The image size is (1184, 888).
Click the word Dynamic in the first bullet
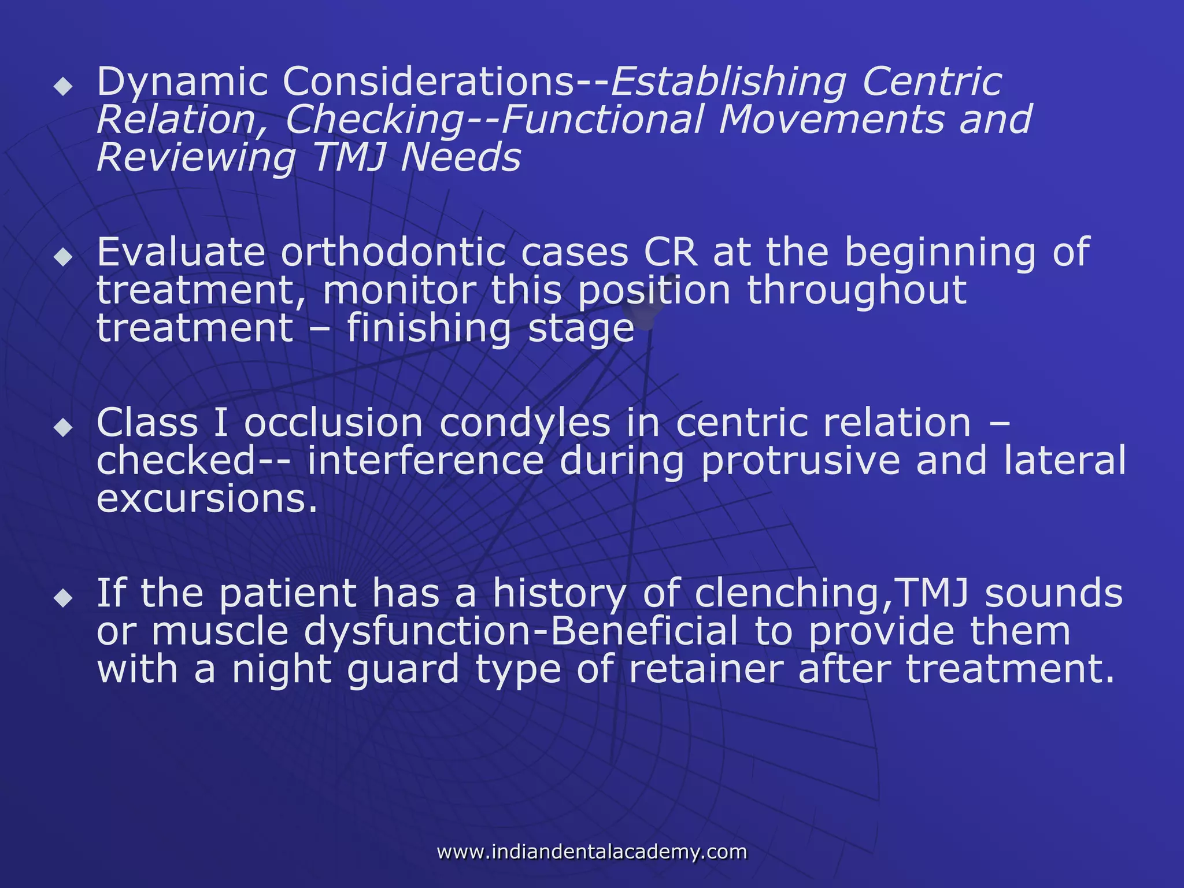pos(182,83)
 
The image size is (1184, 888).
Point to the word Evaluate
pos(181,253)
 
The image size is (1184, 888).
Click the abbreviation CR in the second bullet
pos(670,253)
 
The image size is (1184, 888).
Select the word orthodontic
pos(393,253)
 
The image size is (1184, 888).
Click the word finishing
pos(429,329)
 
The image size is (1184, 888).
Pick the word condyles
pos(525,423)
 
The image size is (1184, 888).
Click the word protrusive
pos(801,461)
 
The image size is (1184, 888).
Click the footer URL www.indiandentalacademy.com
pos(592,852)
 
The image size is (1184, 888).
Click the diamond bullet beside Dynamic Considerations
pos(63,87)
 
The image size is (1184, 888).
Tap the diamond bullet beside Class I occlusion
pos(63,428)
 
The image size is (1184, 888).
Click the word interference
pos(425,461)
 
